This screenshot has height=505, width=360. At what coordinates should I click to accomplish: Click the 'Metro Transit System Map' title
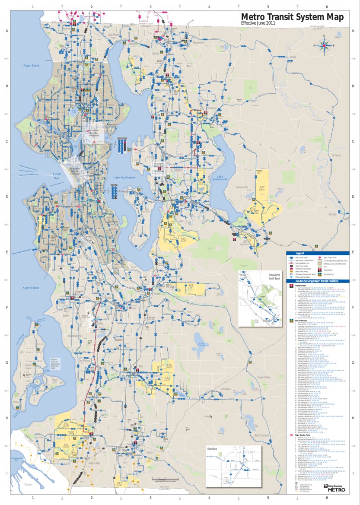(293, 16)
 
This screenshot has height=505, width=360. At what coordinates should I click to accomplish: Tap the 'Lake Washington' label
(124, 178)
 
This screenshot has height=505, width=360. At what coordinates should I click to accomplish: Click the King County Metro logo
(334, 487)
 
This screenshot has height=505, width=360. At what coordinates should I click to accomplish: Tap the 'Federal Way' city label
(94, 463)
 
